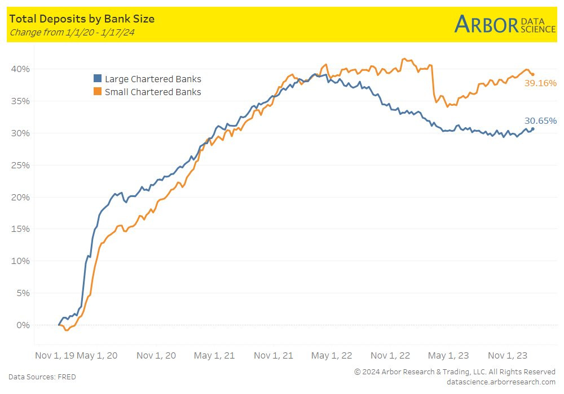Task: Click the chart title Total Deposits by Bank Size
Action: [x=82, y=19]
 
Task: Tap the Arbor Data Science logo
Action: [x=505, y=24]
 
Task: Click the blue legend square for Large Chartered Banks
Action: [x=98, y=79]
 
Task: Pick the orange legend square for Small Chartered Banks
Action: [x=98, y=92]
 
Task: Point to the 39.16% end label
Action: [x=540, y=83]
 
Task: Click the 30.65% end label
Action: [x=540, y=120]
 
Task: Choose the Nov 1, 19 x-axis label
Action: [x=55, y=356]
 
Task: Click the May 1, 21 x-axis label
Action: [x=214, y=356]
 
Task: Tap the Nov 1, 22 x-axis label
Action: [x=391, y=356]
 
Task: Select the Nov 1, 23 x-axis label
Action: [x=508, y=356]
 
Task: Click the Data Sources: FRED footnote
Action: [x=42, y=377]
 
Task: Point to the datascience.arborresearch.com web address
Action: [x=501, y=382]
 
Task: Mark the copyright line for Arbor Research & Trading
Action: [x=455, y=371]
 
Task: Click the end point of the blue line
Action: [x=533, y=129]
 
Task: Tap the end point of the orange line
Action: [x=533, y=74]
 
